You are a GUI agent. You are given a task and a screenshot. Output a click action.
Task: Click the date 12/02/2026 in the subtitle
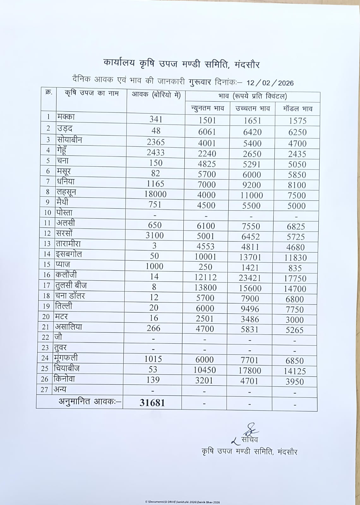coord(270,83)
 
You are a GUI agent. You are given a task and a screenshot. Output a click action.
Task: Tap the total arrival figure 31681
coord(152,403)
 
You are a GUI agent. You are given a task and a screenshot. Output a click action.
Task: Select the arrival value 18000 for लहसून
coord(155,194)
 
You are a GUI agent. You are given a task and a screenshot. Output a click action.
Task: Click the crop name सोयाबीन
coord(69,140)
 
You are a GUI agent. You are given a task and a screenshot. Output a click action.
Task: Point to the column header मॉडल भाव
coord(298,109)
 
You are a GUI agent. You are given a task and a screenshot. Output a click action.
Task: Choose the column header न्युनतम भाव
coord(207,109)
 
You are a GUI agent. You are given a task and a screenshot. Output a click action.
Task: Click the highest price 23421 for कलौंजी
coord(250,278)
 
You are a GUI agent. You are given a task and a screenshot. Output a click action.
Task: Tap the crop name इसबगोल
coord(69,254)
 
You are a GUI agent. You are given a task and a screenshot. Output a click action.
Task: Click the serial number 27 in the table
coord(45,390)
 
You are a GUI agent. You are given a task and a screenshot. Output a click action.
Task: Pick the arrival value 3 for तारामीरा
coord(154,246)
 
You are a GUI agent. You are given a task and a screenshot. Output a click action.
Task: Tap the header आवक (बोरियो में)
coord(156,94)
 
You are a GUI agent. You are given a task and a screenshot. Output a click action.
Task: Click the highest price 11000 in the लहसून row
coord(251,195)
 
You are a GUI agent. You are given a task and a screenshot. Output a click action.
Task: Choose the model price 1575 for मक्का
coord(297,121)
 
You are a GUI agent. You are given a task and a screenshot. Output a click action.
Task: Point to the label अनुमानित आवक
coord(90,402)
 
